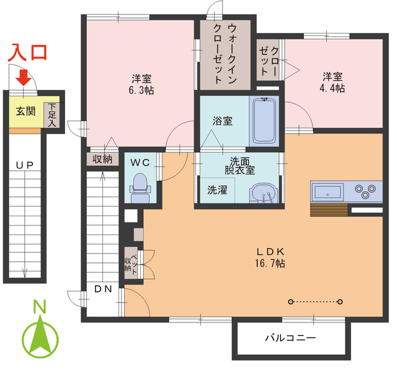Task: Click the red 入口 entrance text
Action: click(27, 54)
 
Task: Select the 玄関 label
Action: click(25, 112)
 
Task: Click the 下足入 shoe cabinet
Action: click(53, 114)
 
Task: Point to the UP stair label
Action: click(25, 165)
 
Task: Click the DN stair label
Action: click(102, 290)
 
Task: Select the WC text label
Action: click(140, 162)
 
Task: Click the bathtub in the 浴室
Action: click(265, 120)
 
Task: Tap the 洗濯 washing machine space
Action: click(217, 190)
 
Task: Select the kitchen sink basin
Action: click(327, 191)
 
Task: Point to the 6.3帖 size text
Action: click(141, 91)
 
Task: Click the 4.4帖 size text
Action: click(332, 88)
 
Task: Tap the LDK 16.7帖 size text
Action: click(271, 263)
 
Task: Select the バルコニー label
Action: click(290, 339)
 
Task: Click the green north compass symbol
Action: click(40, 338)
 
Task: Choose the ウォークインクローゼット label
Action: click(223, 54)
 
